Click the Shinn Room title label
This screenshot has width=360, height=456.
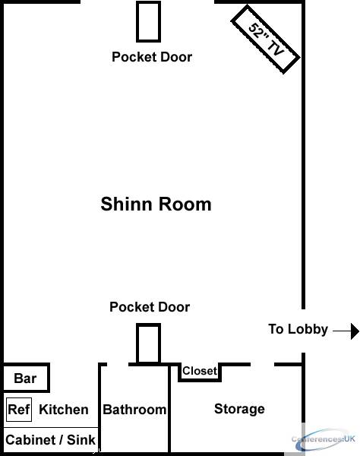pos(156,204)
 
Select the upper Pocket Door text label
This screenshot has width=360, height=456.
pos(152,57)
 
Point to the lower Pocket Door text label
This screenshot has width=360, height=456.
pos(150,307)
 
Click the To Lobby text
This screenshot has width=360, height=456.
pos(298,329)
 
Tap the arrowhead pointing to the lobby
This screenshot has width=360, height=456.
pos(355,331)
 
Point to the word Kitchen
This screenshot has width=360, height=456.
pos(64,410)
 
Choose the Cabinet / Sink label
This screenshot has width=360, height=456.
pos(50,440)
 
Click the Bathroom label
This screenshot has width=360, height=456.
pos(134,410)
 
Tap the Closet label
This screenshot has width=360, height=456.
pos(200,371)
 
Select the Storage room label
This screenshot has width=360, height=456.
pos(239,409)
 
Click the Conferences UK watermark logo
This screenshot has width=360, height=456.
pos(324,439)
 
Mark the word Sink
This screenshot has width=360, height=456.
pos(81,440)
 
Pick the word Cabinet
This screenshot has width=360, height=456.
pos(31,440)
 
